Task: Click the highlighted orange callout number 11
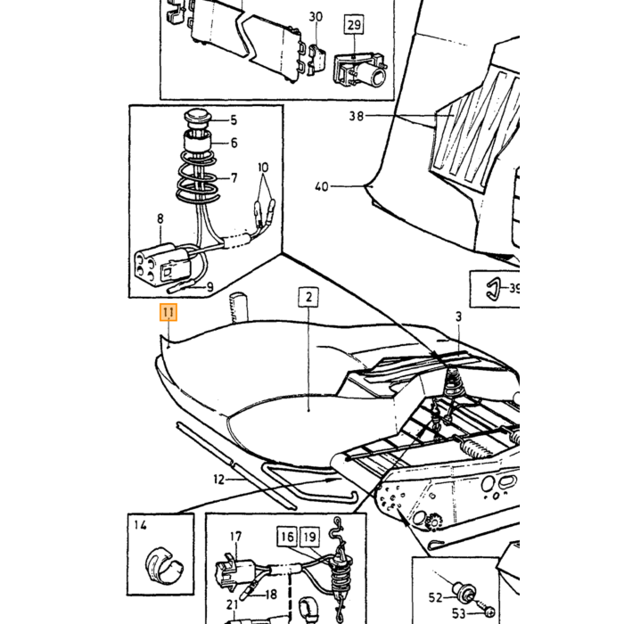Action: coord(168,312)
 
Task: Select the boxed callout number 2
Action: coord(308,297)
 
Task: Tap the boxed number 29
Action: coord(354,25)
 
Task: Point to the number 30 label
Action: coord(316,17)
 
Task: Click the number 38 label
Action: coord(357,116)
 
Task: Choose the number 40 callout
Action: coord(322,186)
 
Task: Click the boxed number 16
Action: coord(287,537)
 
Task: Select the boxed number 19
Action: coord(309,537)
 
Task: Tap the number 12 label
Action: coord(219,480)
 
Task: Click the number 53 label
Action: coord(458,613)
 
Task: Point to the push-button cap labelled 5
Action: coord(197,118)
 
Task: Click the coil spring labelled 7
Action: coord(197,177)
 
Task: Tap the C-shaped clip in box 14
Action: coord(164,566)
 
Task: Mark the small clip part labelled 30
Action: coord(317,58)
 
